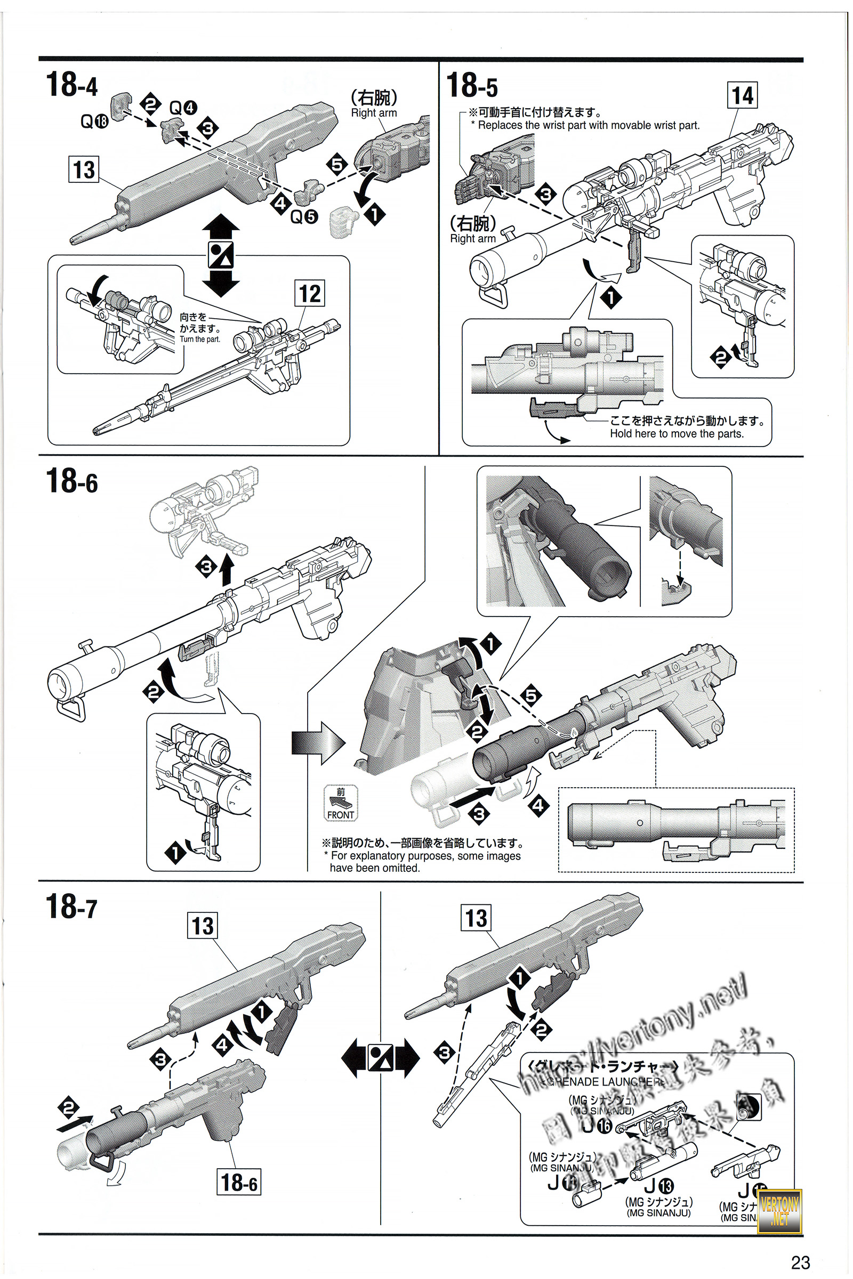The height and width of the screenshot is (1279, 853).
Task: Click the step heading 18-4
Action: tap(72, 85)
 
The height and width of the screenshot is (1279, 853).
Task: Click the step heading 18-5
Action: tap(472, 85)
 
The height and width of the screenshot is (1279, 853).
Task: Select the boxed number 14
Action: tap(742, 96)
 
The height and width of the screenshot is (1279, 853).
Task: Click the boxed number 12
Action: tap(310, 294)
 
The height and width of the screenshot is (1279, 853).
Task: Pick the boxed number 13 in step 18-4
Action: tap(84, 169)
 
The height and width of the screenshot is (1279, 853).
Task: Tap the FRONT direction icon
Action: tap(341, 803)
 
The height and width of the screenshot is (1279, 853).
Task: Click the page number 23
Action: tap(800, 1261)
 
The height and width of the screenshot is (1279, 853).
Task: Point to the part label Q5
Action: tap(303, 217)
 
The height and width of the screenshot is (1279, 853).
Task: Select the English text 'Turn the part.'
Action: tap(199, 339)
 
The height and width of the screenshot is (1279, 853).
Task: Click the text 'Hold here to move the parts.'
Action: tap(676, 434)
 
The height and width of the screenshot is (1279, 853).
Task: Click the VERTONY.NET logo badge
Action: tap(779, 1211)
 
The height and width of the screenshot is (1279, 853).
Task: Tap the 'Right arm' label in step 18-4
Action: tap(374, 113)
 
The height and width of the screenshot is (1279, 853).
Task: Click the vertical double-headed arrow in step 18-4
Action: tap(221, 255)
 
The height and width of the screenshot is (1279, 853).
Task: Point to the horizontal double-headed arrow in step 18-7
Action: tap(380, 1058)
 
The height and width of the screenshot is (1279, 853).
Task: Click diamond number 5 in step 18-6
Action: tap(531, 695)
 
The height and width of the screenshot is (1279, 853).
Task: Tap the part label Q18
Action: tap(94, 121)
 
